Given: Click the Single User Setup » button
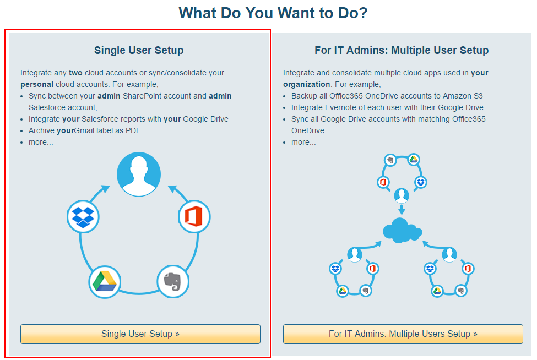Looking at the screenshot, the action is coord(140,334).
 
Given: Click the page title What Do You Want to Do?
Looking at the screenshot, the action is coord(273,13).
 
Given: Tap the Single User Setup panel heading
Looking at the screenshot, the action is coord(139,51).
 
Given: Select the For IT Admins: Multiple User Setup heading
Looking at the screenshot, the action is coord(402,51).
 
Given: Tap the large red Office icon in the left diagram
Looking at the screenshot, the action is coord(194,216).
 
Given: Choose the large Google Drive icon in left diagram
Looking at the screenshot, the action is coord(105,281).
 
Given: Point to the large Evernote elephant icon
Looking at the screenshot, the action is coord(173,281).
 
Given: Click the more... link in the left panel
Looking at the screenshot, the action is coord(41,142).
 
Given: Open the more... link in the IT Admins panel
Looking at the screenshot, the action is coord(303,142).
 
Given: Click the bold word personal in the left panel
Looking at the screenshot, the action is coord(37,84).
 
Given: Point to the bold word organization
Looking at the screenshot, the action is coord(306,84).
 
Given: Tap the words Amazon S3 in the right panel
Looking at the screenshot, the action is coord(466,96).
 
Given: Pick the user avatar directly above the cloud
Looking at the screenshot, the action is coord(402,195).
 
